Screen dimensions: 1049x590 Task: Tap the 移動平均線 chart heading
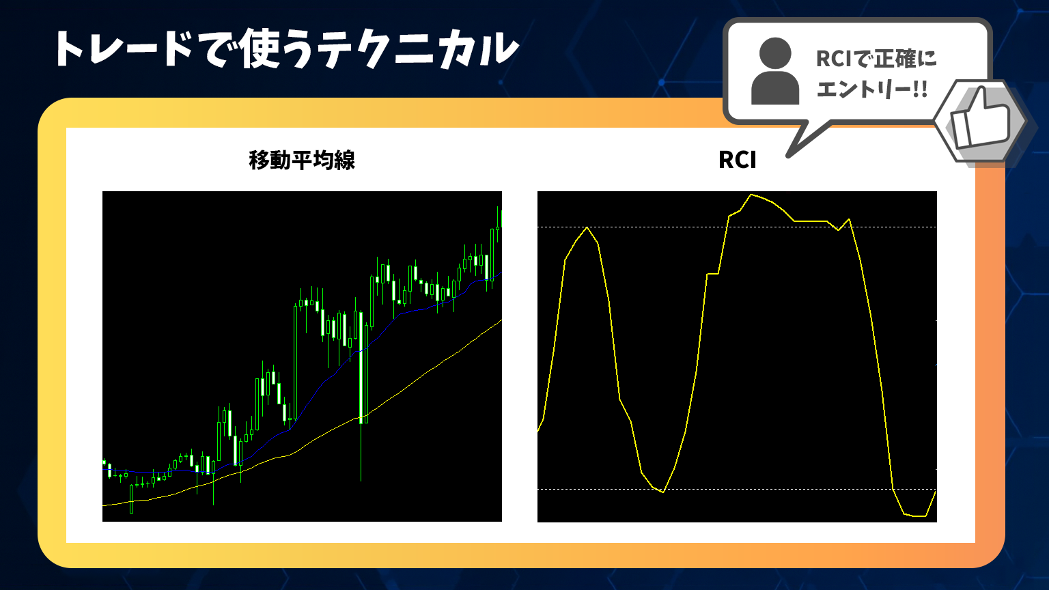302,160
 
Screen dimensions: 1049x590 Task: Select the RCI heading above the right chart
737,160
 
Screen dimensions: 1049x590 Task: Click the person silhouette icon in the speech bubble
775,71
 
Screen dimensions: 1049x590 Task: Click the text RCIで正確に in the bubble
876,59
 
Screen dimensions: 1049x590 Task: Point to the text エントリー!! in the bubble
872,89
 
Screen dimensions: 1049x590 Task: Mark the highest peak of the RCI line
751,195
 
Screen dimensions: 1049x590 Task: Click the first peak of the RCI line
587,227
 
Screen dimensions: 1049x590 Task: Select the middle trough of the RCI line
663,492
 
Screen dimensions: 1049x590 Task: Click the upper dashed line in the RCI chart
737,227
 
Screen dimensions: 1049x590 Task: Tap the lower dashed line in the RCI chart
737,490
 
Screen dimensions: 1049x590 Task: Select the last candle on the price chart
500,219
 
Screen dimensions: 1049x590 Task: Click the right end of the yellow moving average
501,320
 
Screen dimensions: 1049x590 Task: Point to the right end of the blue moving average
501,272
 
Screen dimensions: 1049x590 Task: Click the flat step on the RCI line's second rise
712,273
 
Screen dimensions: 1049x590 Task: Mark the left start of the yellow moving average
103,506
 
